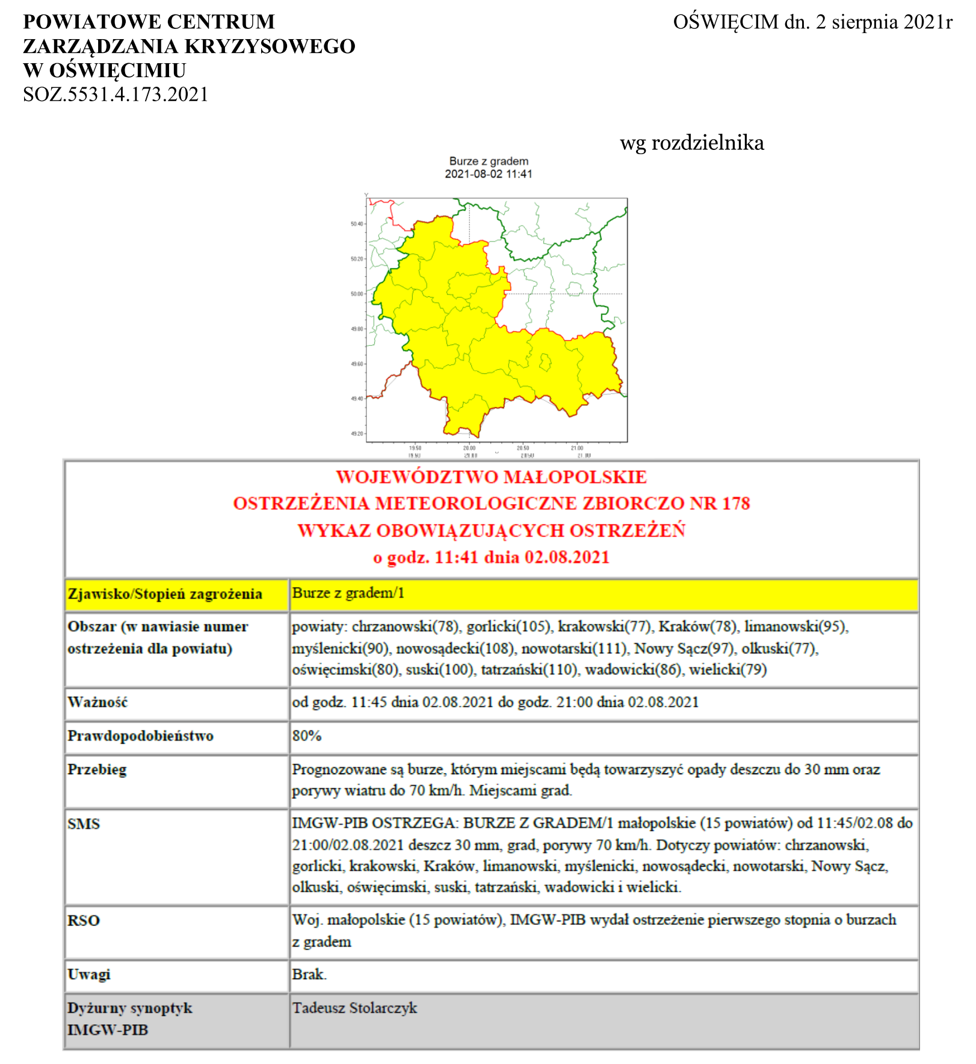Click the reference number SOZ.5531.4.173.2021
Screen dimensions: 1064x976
(x=116, y=95)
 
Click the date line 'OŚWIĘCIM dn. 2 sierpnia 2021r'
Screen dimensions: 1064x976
(x=812, y=22)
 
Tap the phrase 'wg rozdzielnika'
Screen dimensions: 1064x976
(x=692, y=143)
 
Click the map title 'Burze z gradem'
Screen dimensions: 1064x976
(x=489, y=161)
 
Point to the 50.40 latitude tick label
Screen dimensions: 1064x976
(x=357, y=224)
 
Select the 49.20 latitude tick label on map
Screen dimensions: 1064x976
(x=357, y=434)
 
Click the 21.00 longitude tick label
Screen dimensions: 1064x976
(x=576, y=448)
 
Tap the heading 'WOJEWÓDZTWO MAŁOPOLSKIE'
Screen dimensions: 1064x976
(x=491, y=477)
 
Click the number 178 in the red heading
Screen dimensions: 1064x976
(x=736, y=503)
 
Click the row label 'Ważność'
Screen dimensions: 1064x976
(x=97, y=702)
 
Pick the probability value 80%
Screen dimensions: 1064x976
(x=307, y=736)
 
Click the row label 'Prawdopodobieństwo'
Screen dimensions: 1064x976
(x=140, y=736)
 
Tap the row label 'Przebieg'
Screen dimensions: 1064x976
(x=97, y=770)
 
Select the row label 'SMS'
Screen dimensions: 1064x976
(x=84, y=824)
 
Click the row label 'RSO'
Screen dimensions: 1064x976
(x=84, y=921)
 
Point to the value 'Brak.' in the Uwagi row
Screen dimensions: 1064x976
(x=309, y=974)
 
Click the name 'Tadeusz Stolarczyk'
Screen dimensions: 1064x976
(x=354, y=1008)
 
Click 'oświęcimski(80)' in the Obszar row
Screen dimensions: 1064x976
(x=345, y=670)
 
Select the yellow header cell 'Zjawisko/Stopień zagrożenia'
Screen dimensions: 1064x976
(x=165, y=594)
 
